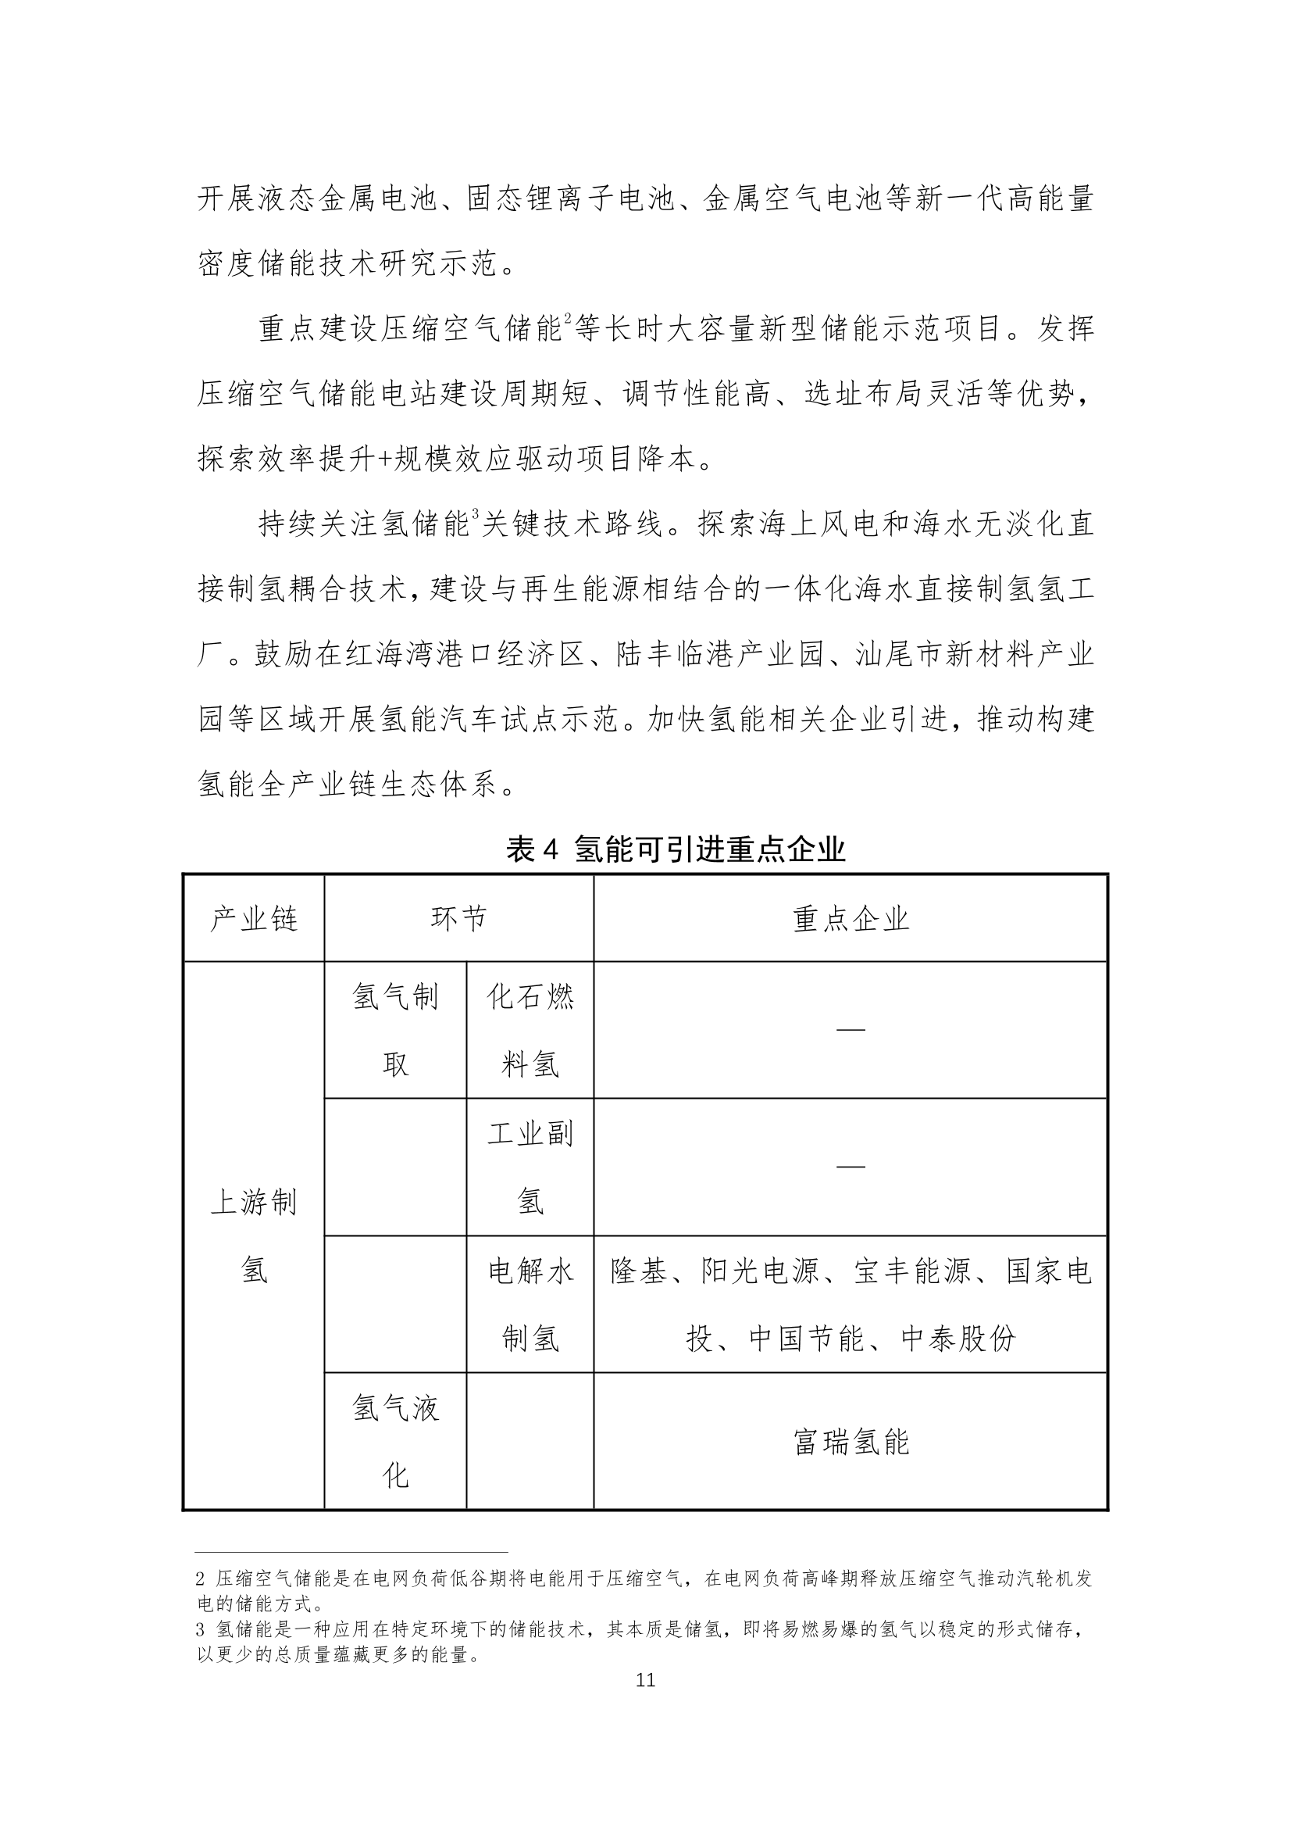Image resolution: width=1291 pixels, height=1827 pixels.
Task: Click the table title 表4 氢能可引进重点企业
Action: point(676,851)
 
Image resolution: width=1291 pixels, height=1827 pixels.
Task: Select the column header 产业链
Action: point(254,920)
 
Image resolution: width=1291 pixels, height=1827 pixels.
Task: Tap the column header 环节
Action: point(458,920)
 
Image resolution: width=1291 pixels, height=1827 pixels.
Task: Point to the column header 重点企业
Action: point(851,920)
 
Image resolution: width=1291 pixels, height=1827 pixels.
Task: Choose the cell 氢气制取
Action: point(395,1031)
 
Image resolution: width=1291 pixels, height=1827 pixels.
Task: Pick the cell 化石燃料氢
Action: point(530,1031)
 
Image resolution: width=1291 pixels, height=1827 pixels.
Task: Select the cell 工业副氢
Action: point(530,1167)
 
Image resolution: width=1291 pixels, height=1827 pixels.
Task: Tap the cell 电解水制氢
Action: point(530,1305)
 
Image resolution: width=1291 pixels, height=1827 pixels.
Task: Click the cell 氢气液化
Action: point(395,1442)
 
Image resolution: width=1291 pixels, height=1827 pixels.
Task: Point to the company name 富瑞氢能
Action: point(851,1442)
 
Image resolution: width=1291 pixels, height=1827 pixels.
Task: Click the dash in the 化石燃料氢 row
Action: point(851,1029)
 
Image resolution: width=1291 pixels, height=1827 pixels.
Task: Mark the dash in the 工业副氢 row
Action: point(851,1167)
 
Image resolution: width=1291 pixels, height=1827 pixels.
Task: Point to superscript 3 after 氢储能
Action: point(475,515)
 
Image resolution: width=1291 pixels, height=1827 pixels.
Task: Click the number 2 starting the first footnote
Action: point(201,1579)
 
